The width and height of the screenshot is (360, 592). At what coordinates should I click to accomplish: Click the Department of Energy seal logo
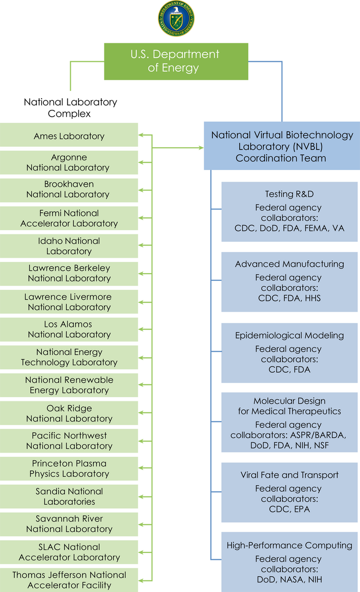pyautogui.click(x=176, y=18)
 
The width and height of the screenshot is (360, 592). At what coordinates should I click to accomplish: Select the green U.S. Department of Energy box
pyautogui.click(x=176, y=61)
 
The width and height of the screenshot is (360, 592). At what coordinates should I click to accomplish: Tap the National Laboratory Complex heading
pyautogui.click(x=70, y=108)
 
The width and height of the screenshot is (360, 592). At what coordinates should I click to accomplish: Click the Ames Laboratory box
pyautogui.click(x=69, y=136)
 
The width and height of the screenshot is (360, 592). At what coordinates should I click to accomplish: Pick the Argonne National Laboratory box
pyautogui.click(x=69, y=163)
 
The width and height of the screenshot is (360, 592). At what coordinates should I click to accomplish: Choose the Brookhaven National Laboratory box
pyautogui.click(x=69, y=190)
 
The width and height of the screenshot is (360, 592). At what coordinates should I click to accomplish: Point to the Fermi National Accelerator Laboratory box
pyautogui.click(x=69, y=218)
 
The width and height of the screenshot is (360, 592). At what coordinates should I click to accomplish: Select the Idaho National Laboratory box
pyautogui.click(x=69, y=246)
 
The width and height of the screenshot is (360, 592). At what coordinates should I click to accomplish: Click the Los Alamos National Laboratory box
pyautogui.click(x=69, y=330)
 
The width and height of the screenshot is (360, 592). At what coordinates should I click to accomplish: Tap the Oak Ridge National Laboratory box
pyautogui.click(x=69, y=414)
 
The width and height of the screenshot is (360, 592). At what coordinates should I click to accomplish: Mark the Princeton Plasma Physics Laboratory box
pyautogui.click(x=69, y=469)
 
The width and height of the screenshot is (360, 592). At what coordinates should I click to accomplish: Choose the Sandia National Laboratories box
pyautogui.click(x=69, y=496)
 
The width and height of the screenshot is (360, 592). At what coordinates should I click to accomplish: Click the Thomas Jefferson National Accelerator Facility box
pyautogui.click(x=69, y=580)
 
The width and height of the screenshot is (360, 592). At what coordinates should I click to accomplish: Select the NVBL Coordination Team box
pyautogui.click(x=282, y=146)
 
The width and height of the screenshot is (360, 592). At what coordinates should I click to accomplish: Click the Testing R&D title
pyautogui.click(x=289, y=194)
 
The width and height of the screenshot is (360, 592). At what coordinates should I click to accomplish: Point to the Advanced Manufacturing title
pyautogui.click(x=289, y=264)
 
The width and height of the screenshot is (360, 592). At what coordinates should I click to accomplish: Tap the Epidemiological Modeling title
pyautogui.click(x=289, y=335)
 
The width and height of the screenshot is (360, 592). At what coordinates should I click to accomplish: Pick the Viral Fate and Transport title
pyautogui.click(x=289, y=475)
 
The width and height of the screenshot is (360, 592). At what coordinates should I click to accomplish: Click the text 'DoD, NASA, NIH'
pyautogui.click(x=289, y=579)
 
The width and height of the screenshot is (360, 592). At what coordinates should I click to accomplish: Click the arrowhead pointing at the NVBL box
pyautogui.click(x=201, y=148)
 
